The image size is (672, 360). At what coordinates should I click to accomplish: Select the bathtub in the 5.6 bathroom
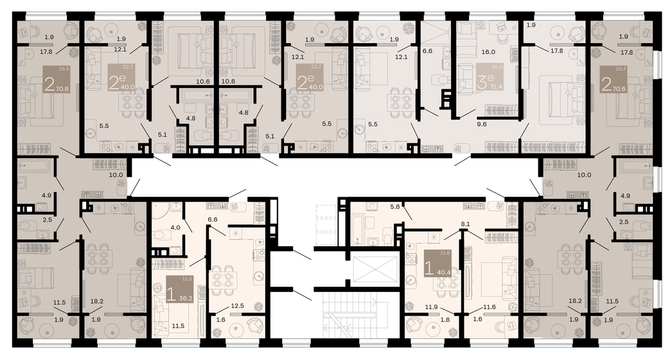pyautogui.click(x=357, y=227)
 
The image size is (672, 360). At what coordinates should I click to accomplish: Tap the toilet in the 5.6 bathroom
pyautogui.click(x=385, y=239)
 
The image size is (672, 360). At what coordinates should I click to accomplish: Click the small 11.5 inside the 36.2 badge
pyautogui.click(x=187, y=279)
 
